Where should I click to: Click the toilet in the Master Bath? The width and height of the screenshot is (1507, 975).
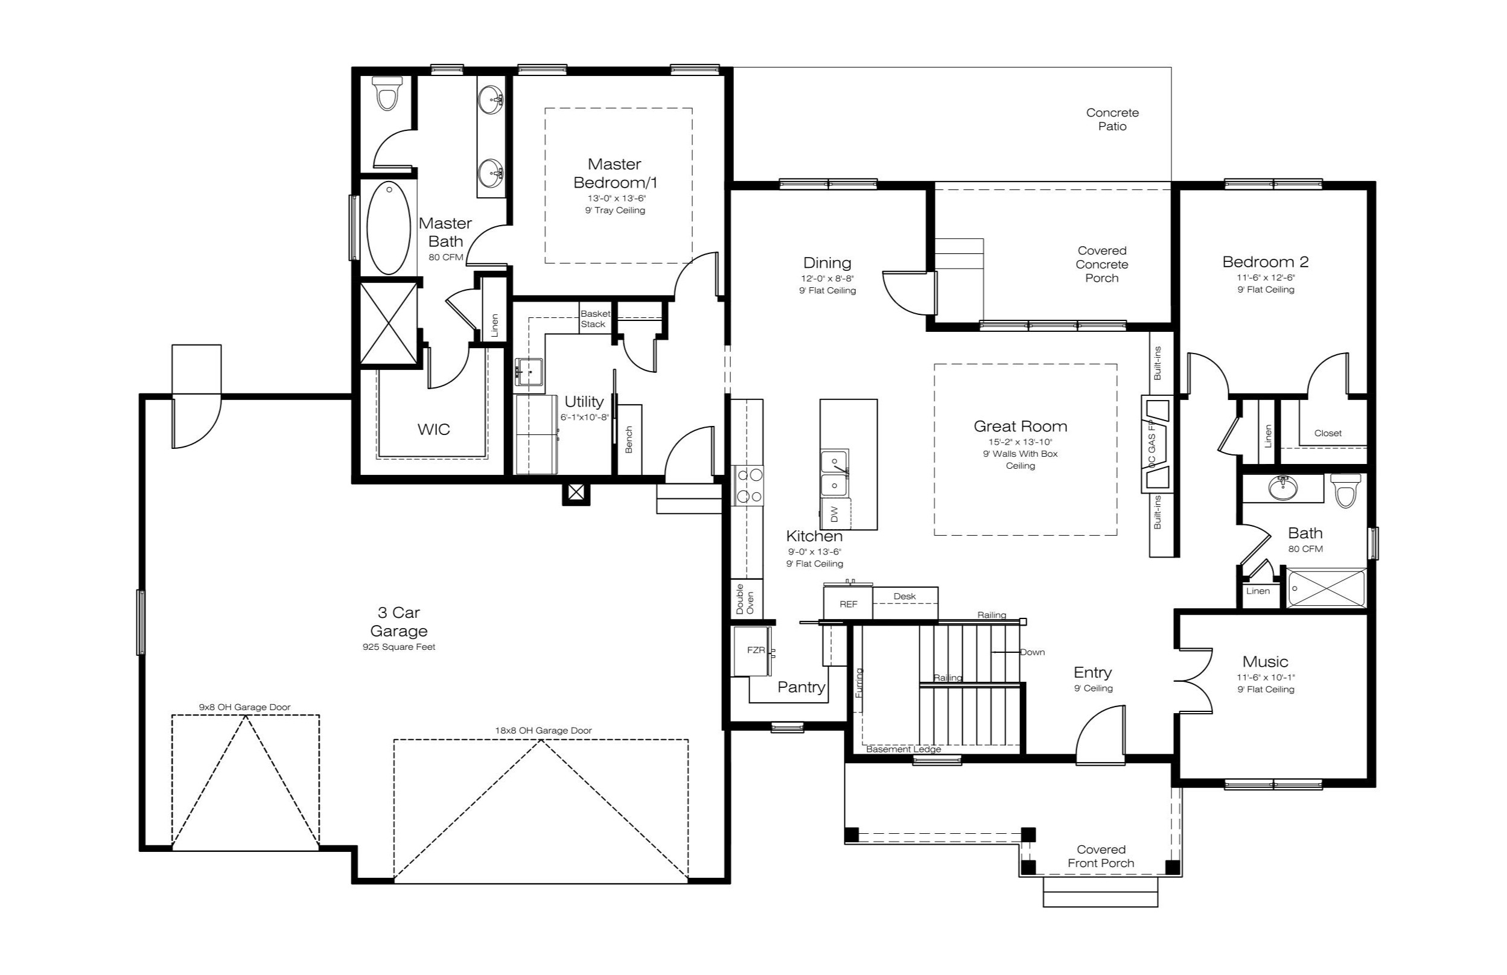[x=386, y=94]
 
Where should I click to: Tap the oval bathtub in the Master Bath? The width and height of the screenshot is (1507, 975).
[x=388, y=228]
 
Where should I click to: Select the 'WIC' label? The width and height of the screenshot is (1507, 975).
[x=434, y=429]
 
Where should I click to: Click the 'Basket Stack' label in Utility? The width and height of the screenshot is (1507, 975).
[x=595, y=319]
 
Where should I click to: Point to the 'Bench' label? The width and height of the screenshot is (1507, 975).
[x=629, y=439]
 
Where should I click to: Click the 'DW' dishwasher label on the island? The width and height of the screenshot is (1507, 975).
[x=834, y=514]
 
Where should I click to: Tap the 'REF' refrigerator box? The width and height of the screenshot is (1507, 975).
[x=848, y=603]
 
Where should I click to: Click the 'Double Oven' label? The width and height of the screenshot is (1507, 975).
[x=745, y=599]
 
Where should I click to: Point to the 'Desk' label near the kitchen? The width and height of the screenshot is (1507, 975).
[x=905, y=596]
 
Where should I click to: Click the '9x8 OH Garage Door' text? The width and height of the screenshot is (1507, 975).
[x=244, y=707]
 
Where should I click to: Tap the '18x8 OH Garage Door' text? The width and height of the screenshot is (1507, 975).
[x=543, y=731]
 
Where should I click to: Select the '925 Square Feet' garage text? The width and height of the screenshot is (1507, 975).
[x=399, y=647]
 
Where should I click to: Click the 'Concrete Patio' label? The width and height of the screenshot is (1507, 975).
[x=1112, y=119]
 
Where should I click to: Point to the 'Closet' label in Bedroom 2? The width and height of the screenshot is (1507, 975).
[x=1328, y=433]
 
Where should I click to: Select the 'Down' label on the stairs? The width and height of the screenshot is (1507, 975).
[x=1032, y=652]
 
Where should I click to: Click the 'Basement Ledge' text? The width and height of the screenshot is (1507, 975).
[x=903, y=749]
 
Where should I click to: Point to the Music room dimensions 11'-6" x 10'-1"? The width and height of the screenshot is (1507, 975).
[x=1266, y=677]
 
